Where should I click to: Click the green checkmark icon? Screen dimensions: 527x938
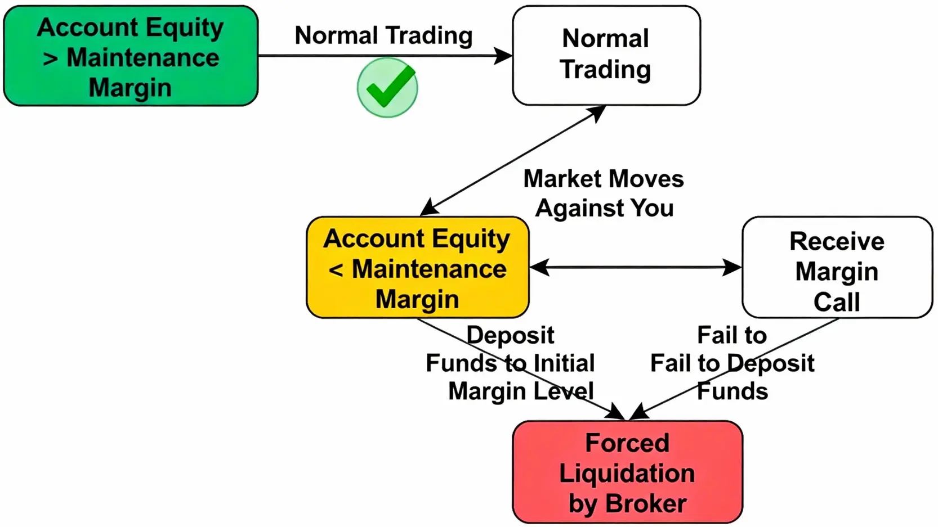(387, 87)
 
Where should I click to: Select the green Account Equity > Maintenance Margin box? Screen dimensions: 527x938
(131, 56)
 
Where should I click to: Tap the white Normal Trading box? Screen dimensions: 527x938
(606, 55)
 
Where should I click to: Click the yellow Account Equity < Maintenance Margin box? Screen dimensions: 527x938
(417, 268)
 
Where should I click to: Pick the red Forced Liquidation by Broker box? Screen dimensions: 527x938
(627, 472)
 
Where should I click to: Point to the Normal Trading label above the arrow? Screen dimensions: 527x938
(383, 35)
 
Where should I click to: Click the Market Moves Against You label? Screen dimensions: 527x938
(604, 193)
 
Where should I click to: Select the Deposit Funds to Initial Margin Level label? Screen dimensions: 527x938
(510, 363)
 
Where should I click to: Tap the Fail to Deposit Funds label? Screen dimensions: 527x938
(732, 363)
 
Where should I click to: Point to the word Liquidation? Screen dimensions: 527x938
(627, 473)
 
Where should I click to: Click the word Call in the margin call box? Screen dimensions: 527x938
(837, 302)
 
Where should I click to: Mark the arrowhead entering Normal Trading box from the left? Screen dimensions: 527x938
(503, 56)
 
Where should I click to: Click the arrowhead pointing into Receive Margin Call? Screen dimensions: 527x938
(733, 267)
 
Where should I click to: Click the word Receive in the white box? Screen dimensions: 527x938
(837, 241)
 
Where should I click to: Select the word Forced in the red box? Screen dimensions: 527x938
(627, 443)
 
